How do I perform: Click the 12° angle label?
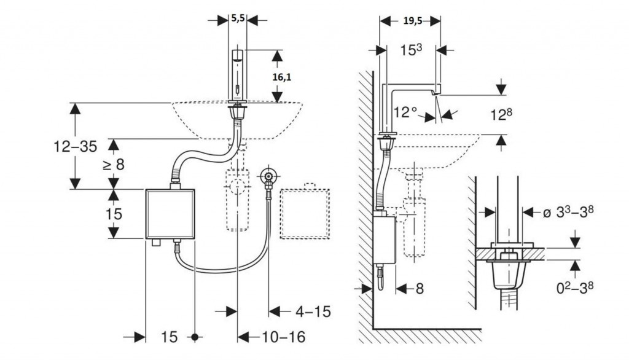[407, 112]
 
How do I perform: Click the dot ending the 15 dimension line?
[195, 337]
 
